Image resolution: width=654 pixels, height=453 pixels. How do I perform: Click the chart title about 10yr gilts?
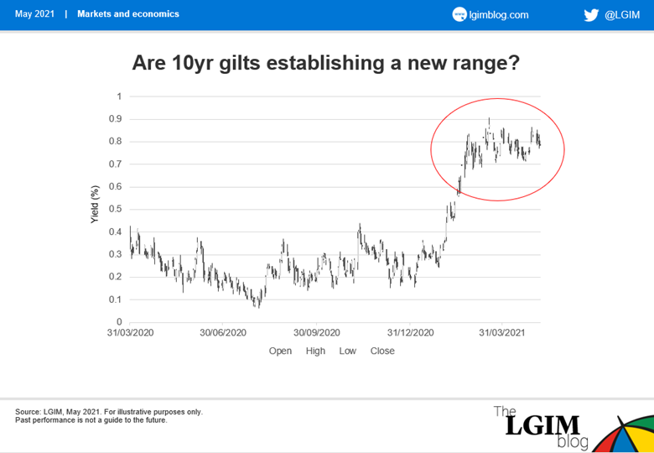326,63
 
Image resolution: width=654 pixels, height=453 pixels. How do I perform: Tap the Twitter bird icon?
591,15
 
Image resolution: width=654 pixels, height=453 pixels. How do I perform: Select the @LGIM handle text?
622,15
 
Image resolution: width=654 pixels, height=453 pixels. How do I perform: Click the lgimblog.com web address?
499,15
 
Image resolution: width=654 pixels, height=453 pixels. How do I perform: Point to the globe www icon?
459,15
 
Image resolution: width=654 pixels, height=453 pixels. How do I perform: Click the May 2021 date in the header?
34,13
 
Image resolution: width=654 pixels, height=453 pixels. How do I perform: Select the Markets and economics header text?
128,13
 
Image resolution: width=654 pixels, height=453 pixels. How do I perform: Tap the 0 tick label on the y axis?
119,322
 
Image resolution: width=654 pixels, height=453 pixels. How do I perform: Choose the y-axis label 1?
119,96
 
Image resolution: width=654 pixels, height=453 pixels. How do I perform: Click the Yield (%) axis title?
95,204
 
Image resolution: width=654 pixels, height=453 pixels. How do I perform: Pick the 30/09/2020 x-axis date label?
317,333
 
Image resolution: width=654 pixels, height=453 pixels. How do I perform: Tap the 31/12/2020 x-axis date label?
410,333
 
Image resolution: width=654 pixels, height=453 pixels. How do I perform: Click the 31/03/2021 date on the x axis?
501,333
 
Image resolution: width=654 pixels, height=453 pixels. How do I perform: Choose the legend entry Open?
280,351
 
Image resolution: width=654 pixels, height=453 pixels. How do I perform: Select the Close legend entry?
382,351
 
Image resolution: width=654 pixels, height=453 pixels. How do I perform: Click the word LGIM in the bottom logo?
542,426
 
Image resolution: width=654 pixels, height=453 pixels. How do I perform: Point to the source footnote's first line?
109,412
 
